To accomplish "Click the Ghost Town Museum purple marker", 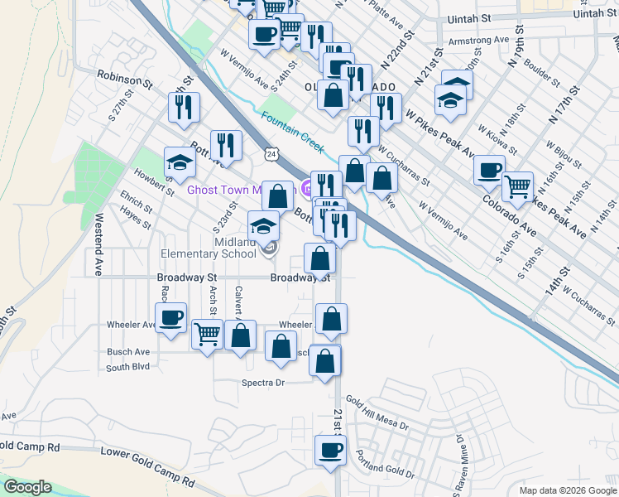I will pos(308,190).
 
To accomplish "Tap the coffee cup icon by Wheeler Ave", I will pos(171,319).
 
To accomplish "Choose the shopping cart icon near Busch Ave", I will pos(208,335).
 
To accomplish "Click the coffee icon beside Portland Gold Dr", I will pos(330,452).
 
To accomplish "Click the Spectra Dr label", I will pos(262,383).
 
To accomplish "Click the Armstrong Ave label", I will pos(478,40).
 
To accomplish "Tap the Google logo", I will pos(28,487).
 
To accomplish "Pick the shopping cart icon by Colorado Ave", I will pos(518,188).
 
